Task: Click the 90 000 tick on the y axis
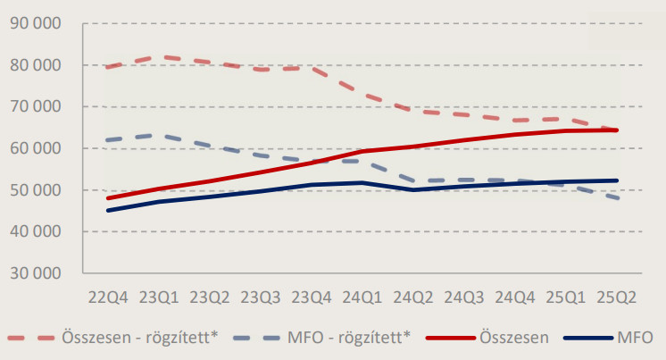coord(34,23)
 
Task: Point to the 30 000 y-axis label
coord(34,273)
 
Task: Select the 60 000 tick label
coord(34,148)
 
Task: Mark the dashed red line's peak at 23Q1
coord(158,56)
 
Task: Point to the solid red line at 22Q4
coord(107,197)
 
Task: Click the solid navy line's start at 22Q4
coord(107,211)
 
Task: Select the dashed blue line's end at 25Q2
coord(618,197)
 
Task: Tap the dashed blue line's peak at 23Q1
coord(158,135)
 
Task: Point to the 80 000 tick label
coord(34,65)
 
